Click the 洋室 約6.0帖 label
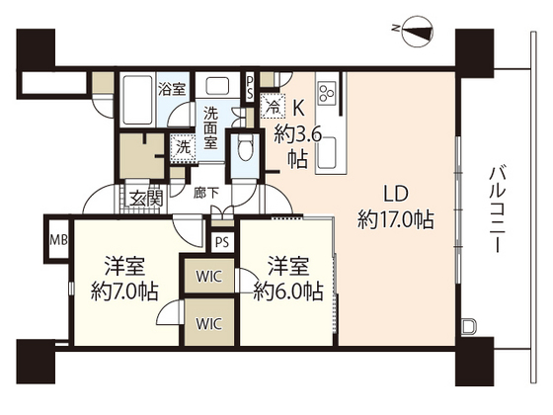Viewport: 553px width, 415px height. tap(286, 278)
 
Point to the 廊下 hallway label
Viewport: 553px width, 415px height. tap(205, 195)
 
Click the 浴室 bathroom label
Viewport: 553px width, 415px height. tap(173, 89)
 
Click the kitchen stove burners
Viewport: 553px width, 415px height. tap(328, 95)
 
